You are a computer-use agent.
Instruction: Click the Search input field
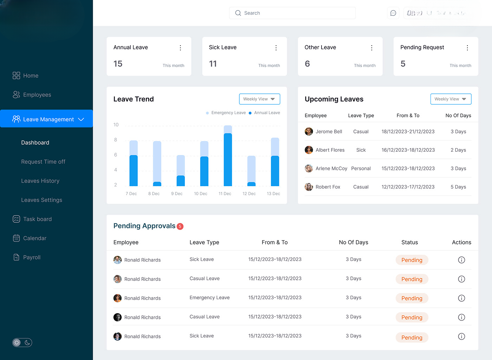pyautogui.click(x=292, y=13)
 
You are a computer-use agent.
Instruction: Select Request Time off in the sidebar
pyautogui.click(x=43, y=162)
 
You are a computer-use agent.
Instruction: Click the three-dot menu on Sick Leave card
pyautogui.click(x=276, y=48)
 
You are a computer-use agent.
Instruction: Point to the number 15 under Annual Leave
pyautogui.click(x=118, y=64)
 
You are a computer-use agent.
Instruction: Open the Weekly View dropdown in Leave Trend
pyautogui.click(x=259, y=99)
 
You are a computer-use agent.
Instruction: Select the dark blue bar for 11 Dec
pyautogui.click(x=228, y=160)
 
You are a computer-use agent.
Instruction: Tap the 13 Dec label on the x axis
pyautogui.click(x=273, y=194)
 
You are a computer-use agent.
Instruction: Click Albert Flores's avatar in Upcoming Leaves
pyautogui.click(x=309, y=150)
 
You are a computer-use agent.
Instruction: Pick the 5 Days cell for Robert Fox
pyautogui.click(x=458, y=187)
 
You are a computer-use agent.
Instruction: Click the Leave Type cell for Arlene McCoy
pyautogui.click(x=361, y=169)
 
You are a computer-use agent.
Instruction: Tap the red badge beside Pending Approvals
pyautogui.click(x=180, y=227)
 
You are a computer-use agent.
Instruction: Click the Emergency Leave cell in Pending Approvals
pyautogui.click(x=209, y=298)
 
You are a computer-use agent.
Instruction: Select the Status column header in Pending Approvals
pyautogui.click(x=409, y=242)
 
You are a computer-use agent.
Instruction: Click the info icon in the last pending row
pyautogui.click(x=461, y=336)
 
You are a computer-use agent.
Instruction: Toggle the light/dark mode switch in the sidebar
pyautogui.click(x=22, y=342)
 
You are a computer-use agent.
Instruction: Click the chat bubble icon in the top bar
pyautogui.click(x=393, y=13)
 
